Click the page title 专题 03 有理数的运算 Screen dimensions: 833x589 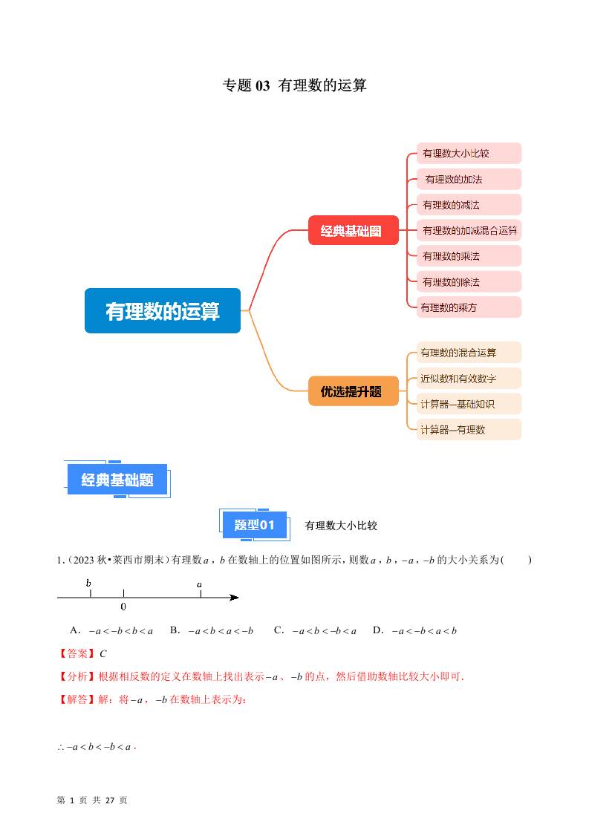point(294,85)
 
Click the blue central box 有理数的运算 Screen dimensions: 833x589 point(163,310)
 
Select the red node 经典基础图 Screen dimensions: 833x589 point(354,230)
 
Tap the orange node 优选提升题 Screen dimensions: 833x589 point(354,391)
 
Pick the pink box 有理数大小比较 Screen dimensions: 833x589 point(468,154)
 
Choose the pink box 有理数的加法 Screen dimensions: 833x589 point(468,179)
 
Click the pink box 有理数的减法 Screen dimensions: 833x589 point(468,205)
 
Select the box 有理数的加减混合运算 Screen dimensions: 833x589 point(469,230)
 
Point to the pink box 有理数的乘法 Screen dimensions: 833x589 point(468,256)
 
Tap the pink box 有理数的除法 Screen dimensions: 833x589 point(468,281)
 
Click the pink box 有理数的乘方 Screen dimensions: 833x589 point(468,307)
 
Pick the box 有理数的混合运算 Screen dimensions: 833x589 point(468,353)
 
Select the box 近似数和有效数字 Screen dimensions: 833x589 point(468,379)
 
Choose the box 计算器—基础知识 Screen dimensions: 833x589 point(468,404)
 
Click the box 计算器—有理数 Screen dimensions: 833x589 point(468,429)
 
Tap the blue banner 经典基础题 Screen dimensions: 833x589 point(117,480)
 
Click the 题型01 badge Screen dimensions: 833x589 point(255,525)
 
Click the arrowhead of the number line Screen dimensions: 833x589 point(234,597)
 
